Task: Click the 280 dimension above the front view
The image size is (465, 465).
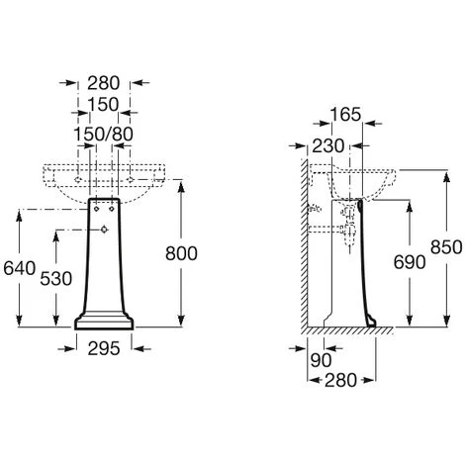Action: tap(103, 83)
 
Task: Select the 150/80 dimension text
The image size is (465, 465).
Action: tap(103, 135)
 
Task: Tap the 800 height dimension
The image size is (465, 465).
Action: tap(181, 253)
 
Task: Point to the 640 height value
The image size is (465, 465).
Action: tap(20, 268)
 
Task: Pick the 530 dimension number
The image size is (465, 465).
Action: tap(56, 279)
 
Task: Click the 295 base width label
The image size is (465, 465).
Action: tap(104, 348)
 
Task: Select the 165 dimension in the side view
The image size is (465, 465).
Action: tap(345, 115)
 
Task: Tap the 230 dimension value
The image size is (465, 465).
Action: tap(328, 146)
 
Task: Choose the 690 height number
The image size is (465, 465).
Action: tap(410, 262)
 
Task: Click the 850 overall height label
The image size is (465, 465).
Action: tap(446, 247)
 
